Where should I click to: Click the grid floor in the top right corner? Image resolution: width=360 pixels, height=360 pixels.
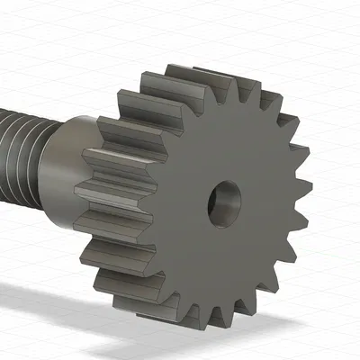pyautogui.click(x=333, y=27)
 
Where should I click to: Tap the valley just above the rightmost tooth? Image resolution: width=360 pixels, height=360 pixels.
pyautogui.click(x=292, y=175)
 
